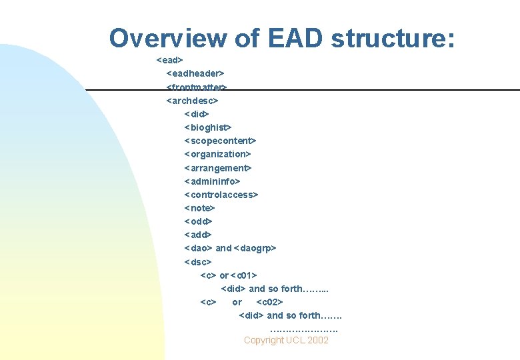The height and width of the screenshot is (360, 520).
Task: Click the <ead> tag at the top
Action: pyautogui.click(x=169, y=60)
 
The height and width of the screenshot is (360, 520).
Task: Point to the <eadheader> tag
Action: pyautogui.click(x=195, y=73)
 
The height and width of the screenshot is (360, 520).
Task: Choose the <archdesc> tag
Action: pyautogui.click(x=192, y=101)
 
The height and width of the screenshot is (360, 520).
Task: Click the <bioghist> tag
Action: pyautogui.click(x=207, y=127)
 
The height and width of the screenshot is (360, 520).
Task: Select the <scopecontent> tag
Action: pyautogui.click(x=220, y=141)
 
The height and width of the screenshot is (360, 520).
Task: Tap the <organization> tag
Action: pyautogui.click(x=217, y=154)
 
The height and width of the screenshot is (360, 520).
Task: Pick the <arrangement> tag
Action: pyautogui.click(x=217, y=168)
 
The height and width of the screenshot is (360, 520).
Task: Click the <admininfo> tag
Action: pyautogui.click(x=212, y=181)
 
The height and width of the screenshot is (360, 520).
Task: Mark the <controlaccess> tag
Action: pyautogui.click(x=221, y=195)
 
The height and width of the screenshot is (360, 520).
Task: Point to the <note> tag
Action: pyautogui.click(x=199, y=208)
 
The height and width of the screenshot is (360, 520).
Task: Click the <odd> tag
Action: pyautogui.click(x=198, y=221)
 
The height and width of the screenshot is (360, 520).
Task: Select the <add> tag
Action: pyautogui.click(x=198, y=235)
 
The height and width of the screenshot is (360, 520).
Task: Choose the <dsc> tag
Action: pyautogui.click(x=198, y=262)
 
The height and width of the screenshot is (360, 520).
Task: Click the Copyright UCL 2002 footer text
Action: pyautogui.click(x=286, y=340)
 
